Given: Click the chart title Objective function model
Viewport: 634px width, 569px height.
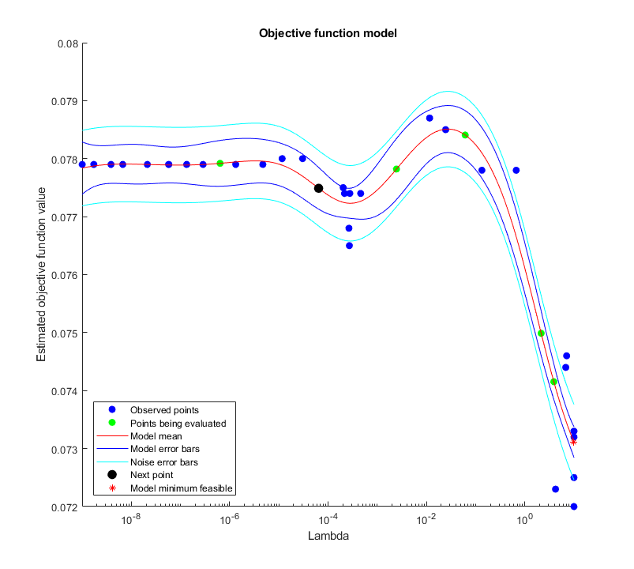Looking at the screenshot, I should (328, 33).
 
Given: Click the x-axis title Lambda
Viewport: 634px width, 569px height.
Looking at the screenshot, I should (327, 536).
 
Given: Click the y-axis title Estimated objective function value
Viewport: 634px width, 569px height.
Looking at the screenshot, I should (41, 275).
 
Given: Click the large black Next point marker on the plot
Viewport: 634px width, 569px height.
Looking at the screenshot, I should (318, 188).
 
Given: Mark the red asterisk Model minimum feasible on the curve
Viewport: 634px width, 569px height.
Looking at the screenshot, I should (573, 442).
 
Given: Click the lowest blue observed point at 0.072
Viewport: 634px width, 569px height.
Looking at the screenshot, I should (574, 507).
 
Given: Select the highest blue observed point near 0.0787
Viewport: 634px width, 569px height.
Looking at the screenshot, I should (430, 118).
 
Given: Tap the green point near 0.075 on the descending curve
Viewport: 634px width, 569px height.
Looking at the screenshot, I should (541, 333).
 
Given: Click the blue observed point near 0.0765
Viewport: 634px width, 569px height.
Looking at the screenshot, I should (349, 245).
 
